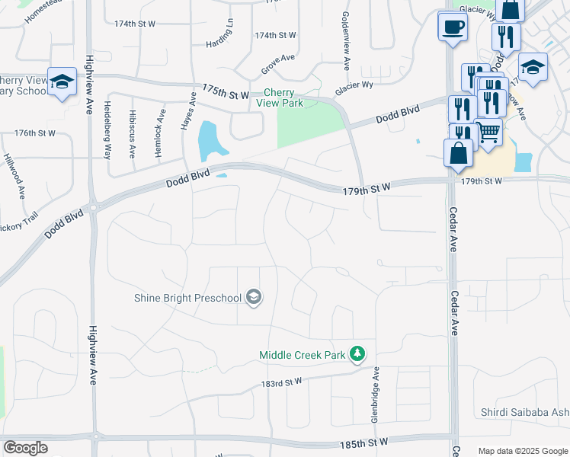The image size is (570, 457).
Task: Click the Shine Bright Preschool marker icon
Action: click(254, 298)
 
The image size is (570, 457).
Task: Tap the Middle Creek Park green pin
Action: click(357, 353)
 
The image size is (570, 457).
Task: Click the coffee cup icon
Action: click(453, 27)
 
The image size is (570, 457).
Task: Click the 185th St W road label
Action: click(364, 442)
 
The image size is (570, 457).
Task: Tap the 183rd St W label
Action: click(281, 382)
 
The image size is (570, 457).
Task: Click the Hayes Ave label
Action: click(188, 111)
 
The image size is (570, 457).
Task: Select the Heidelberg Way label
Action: click(107, 129)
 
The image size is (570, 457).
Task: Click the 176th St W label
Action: click(35, 133)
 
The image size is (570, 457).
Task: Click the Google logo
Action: click(26, 447)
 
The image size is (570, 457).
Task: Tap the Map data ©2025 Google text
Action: click(522, 451)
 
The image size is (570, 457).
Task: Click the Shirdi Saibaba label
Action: click(525, 413)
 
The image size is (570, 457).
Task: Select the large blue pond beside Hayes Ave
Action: click(208, 140)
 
